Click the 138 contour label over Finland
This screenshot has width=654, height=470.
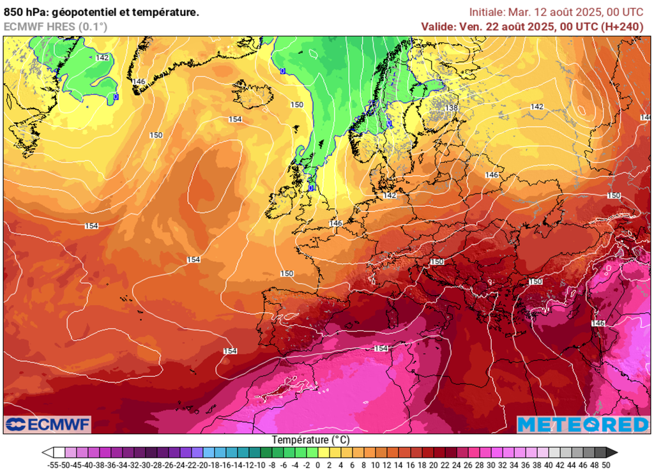[452, 109]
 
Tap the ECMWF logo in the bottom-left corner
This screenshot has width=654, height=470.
[48, 425]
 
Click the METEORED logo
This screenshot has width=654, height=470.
[582, 425]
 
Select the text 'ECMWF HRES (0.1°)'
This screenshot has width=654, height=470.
[56, 26]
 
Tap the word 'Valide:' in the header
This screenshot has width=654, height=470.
[438, 26]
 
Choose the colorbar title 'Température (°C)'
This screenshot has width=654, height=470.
[311, 440]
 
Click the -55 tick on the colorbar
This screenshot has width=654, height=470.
[54, 464]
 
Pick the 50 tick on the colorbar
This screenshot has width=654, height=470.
[605, 464]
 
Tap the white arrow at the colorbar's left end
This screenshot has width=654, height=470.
[47, 453]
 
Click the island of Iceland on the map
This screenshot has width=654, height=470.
[253, 96]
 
